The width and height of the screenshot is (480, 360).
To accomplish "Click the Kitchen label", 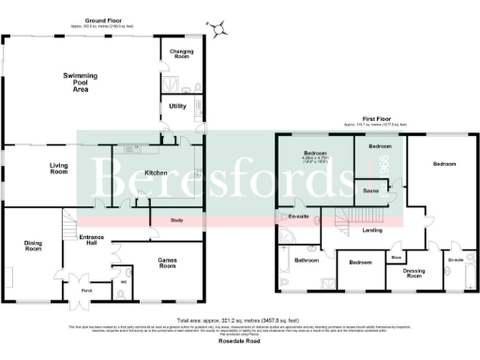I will pos(155,172).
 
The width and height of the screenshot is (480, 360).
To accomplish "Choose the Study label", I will pos(175,220).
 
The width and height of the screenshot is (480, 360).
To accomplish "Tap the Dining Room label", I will pos(34,247).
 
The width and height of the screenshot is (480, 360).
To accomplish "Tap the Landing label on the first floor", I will pos(372,230).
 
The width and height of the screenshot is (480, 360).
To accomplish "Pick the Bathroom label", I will pos(307,260).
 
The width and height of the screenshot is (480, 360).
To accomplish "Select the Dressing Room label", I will pos(413,273).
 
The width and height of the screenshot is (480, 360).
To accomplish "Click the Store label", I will pos(397,254).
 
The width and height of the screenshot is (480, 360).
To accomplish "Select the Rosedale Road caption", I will pos(240,339).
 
